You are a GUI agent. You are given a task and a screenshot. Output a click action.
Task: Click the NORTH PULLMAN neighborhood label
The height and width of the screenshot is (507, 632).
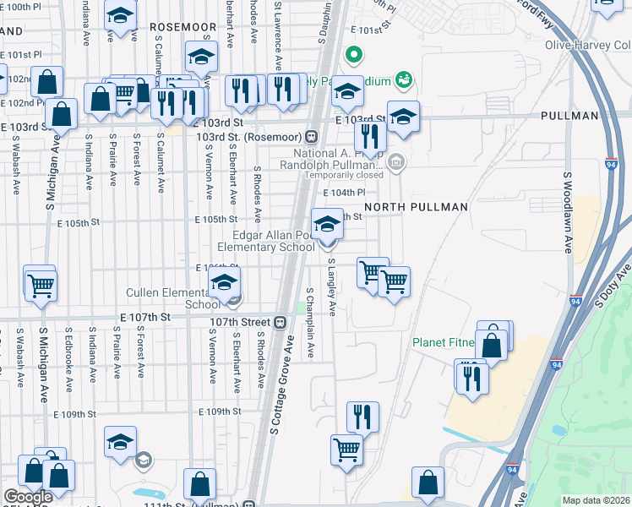(416, 207)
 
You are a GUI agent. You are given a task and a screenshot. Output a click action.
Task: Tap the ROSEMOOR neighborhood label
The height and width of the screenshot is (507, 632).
(183, 27)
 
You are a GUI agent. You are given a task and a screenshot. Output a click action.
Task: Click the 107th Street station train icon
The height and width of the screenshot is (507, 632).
(280, 322)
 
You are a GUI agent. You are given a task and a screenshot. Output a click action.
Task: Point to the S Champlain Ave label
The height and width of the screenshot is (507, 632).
(310, 322)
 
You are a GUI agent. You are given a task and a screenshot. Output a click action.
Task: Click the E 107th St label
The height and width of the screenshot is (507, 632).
(145, 316)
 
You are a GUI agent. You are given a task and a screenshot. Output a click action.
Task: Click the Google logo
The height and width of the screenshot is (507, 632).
(28, 497)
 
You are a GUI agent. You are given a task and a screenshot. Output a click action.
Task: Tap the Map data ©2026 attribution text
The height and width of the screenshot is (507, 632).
(596, 500)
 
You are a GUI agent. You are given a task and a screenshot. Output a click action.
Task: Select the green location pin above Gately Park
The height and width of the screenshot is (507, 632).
(355, 57)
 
